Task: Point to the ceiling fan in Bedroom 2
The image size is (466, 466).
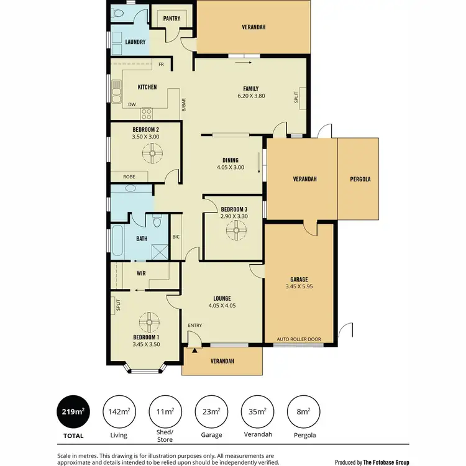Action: pyautogui.click(x=152, y=152)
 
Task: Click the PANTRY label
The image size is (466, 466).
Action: pyautogui.click(x=171, y=19)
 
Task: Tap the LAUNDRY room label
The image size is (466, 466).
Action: pyautogui.click(x=135, y=42)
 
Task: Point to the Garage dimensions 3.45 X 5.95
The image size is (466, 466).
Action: pyautogui.click(x=299, y=287)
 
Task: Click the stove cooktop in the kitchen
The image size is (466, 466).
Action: pyautogui.click(x=147, y=113)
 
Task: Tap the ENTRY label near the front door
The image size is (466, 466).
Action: pyautogui.click(x=196, y=326)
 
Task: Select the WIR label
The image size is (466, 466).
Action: pyautogui.click(x=141, y=272)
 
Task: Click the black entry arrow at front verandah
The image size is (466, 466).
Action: pyautogui.click(x=194, y=351)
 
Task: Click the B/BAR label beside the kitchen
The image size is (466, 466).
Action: pyautogui.click(x=183, y=105)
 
